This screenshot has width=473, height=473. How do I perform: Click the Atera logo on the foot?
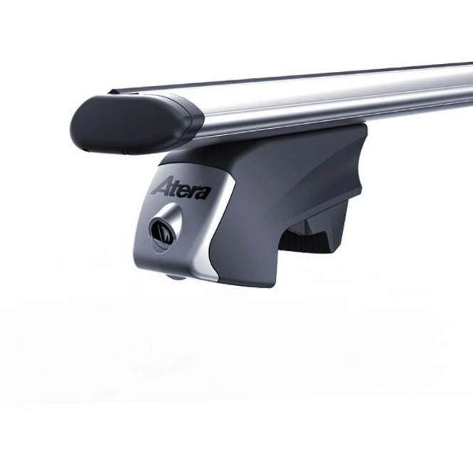tap(180, 188)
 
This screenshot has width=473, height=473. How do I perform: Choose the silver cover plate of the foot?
tap(192, 220)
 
